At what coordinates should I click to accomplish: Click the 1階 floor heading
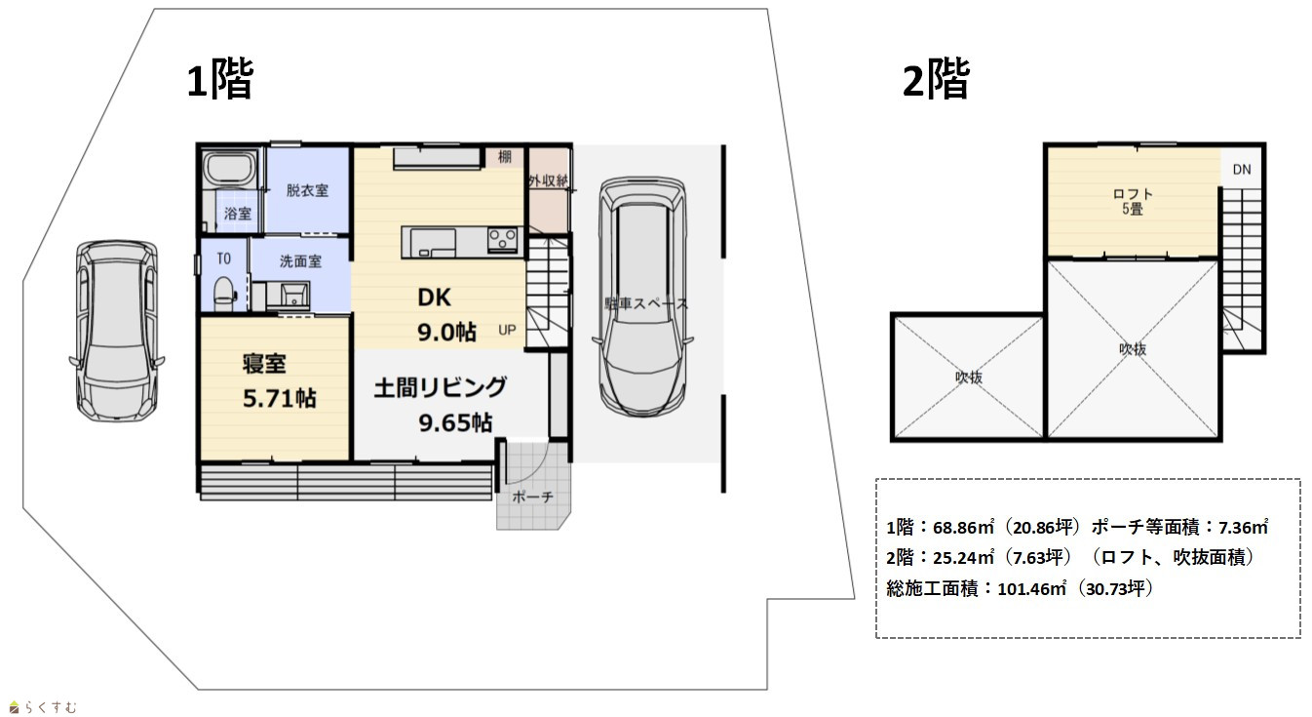[219, 79]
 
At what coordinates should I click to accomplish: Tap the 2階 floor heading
[936, 79]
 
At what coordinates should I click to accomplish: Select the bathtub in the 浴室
[231, 169]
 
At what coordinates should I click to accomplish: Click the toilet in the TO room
[224, 293]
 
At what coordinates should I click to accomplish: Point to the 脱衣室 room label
[307, 190]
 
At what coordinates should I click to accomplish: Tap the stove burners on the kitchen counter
[503, 239]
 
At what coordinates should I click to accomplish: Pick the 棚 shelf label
[504, 156]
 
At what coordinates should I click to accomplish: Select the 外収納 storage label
[549, 180]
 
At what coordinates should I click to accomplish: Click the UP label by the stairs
[507, 330]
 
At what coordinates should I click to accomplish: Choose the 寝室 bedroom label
[265, 364]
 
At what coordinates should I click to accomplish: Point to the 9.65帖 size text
[455, 422]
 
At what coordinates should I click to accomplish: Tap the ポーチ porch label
[532, 498]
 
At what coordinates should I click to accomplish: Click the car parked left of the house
[117, 331]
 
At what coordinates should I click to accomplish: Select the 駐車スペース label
[646, 303]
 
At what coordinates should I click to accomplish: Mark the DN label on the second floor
[1242, 170]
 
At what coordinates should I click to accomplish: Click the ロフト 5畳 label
[1133, 201]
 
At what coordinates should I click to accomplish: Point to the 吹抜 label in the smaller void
[969, 377]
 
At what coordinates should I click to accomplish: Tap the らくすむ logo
[44, 707]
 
